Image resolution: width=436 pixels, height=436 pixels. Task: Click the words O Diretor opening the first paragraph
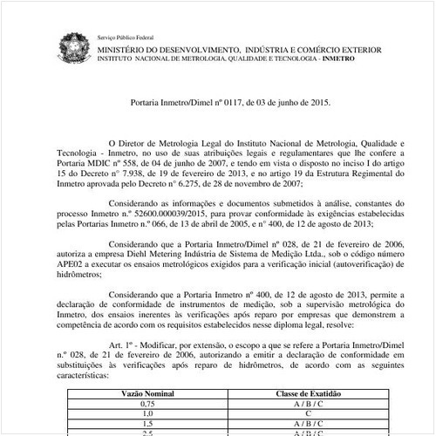pos(127,140)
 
